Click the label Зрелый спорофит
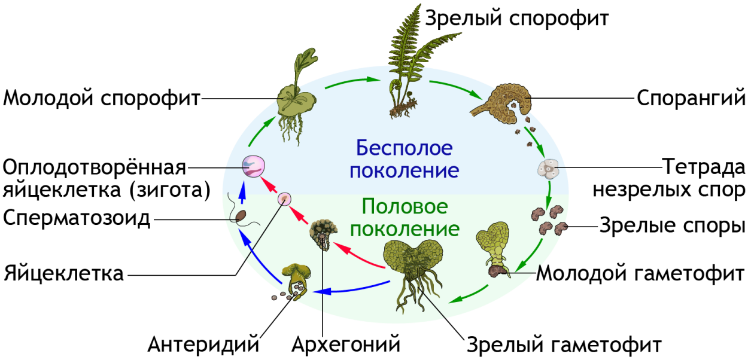point(516,19)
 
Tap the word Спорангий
point(691,99)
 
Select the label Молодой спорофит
point(102,99)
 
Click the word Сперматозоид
point(77,218)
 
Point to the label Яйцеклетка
point(64,273)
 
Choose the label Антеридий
point(203,344)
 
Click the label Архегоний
point(346,344)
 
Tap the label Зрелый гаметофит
point(564,344)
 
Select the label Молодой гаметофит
point(640,273)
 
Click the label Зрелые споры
point(672,225)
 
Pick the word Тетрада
point(704,167)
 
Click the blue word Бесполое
point(405,148)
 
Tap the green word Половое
point(405,206)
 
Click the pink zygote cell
point(254,166)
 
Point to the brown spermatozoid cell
point(241,216)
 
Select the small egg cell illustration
point(284,199)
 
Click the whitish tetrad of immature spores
point(548,169)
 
